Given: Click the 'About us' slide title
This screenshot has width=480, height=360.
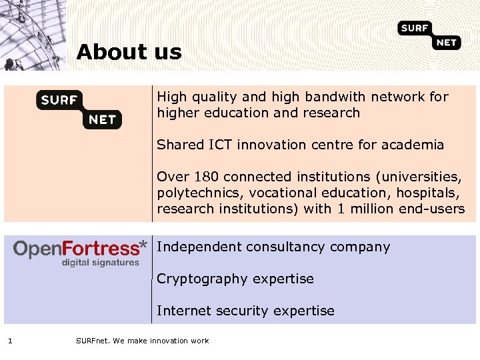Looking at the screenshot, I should [x=129, y=52].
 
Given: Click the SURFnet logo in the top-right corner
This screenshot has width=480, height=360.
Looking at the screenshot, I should [x=429, y=35].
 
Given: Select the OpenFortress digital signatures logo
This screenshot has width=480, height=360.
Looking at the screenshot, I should [x=80, y=253].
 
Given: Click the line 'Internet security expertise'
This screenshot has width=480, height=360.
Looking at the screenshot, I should [x=245, y=311].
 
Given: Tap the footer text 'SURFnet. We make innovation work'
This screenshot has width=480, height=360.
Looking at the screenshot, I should [x=142, y=341].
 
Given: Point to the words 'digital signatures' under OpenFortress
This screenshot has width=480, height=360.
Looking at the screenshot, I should [x=101, y=263].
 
